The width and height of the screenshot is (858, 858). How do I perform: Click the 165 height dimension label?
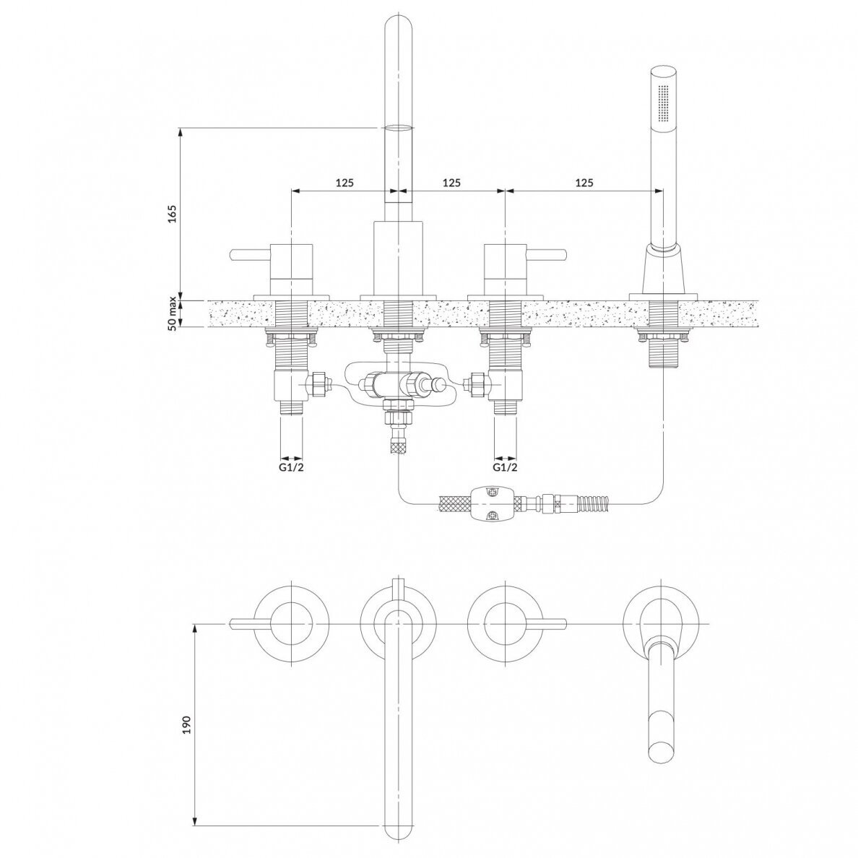tap(173, 214)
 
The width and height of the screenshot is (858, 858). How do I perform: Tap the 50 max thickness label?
tap(173, 313)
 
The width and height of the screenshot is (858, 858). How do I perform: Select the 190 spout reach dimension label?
tap(186, 724)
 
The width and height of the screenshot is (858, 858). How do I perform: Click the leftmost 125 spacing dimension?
tap(344, 183)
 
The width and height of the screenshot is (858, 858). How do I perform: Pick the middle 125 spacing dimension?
tap(451, 183)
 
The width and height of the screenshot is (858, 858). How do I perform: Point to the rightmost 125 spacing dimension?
tap(584, 183)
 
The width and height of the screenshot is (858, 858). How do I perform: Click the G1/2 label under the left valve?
tap(290, 467)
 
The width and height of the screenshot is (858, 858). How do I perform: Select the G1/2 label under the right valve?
tap(505, 467)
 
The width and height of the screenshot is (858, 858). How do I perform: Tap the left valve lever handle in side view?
tap(251, 254)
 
